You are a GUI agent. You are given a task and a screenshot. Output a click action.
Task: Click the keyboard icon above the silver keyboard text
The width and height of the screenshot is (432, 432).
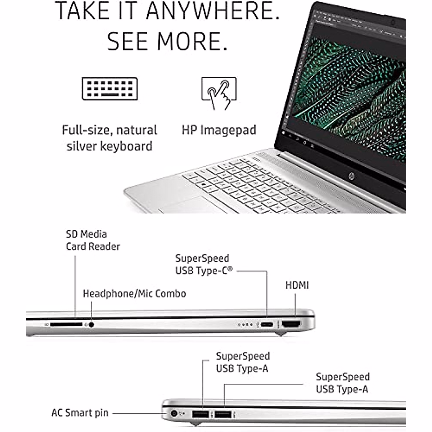click(x=110, y=89)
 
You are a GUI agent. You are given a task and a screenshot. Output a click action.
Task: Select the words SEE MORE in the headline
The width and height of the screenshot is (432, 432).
click(x=167, y=41)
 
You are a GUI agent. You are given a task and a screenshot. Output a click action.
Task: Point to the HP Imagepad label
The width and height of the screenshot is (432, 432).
click(x=219, y=130)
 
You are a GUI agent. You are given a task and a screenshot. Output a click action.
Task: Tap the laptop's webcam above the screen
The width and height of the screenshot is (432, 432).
click(x=393, y=22)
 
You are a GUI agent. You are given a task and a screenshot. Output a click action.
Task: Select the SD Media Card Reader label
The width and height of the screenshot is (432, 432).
click(x=93, y=240)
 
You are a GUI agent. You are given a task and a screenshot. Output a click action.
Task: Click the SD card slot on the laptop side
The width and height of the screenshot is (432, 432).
click(x=66, y=325)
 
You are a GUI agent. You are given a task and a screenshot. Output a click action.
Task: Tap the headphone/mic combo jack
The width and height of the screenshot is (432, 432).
click(x=91, y=325)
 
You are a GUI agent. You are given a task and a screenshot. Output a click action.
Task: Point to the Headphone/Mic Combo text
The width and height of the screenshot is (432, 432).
click(x=134, y=294)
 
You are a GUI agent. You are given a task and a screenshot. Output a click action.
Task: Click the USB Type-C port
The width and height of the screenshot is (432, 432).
click(x=267, y=325)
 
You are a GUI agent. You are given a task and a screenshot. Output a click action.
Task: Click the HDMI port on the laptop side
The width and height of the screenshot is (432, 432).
click(x=291, y=324)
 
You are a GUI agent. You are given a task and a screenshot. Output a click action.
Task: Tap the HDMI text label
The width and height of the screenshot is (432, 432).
click(x=297, y=285)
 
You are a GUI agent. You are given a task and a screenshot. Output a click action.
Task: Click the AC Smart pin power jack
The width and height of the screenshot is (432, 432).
click(x=175, y=414)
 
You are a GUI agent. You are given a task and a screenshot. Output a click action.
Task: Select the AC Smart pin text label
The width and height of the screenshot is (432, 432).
click(x=80, y=413)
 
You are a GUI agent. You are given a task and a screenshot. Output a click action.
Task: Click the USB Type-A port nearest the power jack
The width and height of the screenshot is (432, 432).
click(x=201, y=414)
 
